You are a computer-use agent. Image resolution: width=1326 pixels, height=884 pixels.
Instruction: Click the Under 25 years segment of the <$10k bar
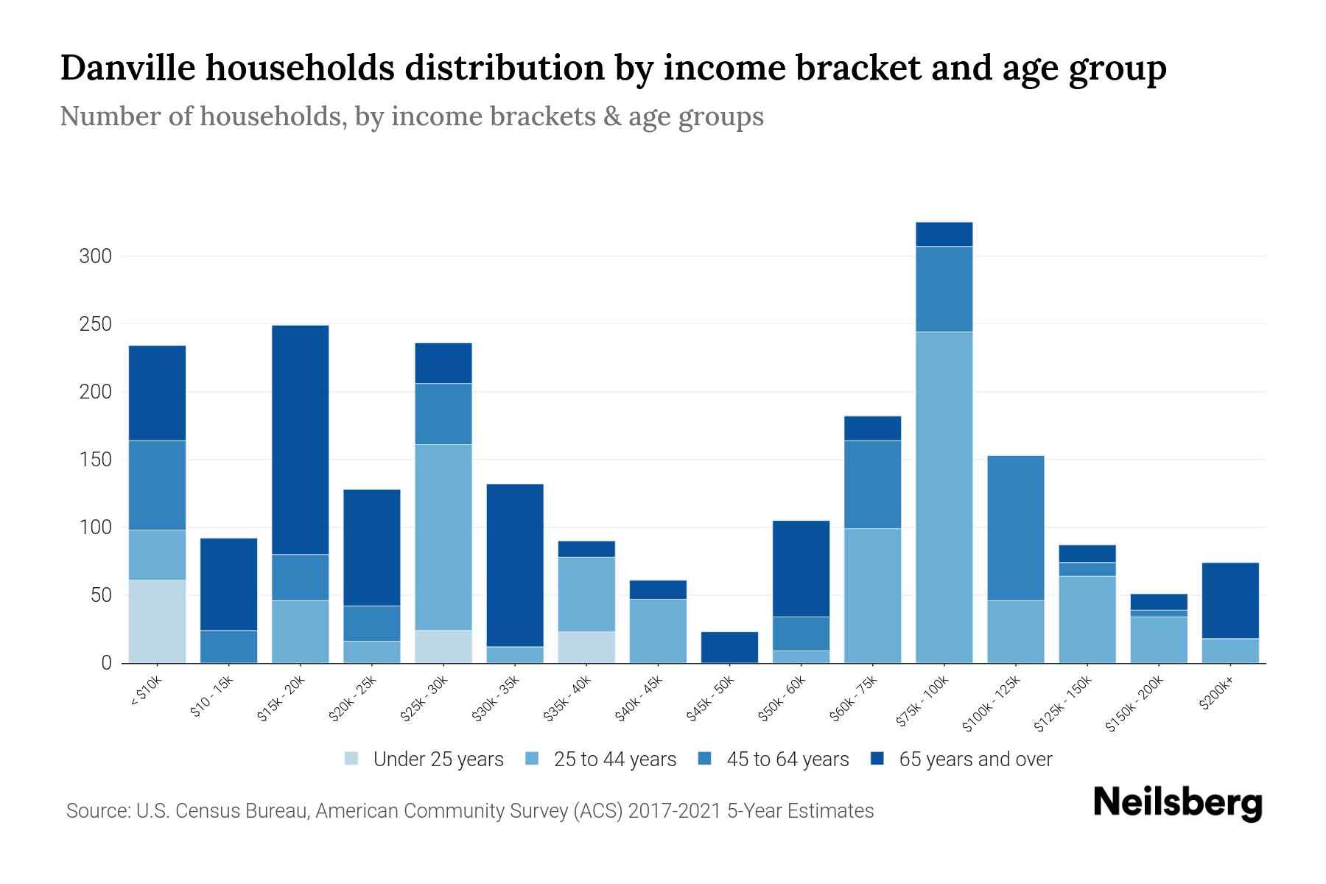click(157, 621)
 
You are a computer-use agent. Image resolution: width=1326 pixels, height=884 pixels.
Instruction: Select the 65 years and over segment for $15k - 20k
click(300, 439)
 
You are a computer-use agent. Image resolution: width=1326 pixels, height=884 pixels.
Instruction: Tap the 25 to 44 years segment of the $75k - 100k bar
click(944, 497)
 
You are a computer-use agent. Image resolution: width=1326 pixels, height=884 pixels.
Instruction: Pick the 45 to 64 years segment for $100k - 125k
click(1015, 527)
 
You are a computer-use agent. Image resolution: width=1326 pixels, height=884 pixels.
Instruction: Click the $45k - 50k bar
click(729, 647)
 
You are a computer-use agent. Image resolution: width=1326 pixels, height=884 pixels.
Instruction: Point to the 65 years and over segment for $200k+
click(1229, 600)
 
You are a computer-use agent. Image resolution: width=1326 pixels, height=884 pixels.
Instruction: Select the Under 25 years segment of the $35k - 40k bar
click(586, 647)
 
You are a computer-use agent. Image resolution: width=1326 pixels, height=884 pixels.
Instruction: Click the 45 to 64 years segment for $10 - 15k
click(228, 646)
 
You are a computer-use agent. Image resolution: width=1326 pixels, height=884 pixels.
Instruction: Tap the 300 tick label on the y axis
click(95, 256)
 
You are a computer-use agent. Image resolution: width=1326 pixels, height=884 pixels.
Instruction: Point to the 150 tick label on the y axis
click(95, 460)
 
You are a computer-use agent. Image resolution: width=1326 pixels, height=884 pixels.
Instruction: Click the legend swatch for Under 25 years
click(352, 759)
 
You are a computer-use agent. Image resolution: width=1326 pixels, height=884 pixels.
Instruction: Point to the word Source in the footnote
click(97, 811)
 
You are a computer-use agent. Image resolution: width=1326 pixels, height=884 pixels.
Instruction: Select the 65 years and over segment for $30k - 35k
click(515, 565)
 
